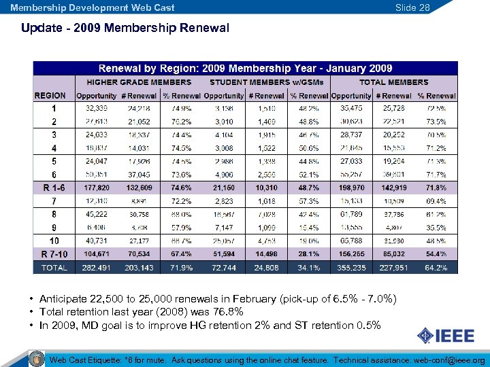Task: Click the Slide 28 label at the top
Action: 413,7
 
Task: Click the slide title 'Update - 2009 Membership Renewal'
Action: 125,29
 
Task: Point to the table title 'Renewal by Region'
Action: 245,68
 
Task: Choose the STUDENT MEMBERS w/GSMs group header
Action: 261,82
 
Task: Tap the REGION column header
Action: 50,96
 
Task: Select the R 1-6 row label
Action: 54,187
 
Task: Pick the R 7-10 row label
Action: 54,254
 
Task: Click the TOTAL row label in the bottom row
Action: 54,268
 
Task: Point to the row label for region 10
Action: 54,241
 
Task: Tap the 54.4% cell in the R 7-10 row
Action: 436,254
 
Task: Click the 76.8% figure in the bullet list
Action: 231,312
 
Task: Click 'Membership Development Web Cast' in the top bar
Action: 93,7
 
